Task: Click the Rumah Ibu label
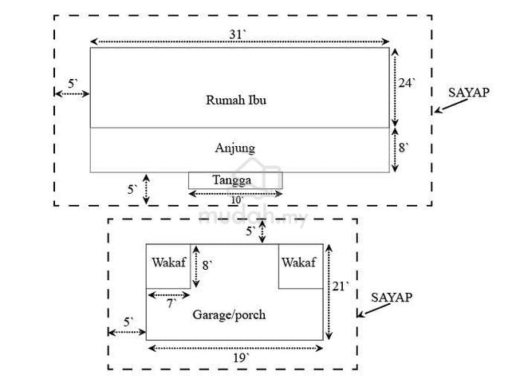click(x=236, y=100)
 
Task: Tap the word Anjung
click(x=235, y=148)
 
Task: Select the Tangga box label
click(x=231, y=180)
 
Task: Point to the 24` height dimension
click(x=407, y=83)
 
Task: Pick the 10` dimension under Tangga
click(x=237, y=200)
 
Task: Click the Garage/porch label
click(x=229, y=314)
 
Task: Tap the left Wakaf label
click(x=168, y=263)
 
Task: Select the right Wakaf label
click(x=298, y=263)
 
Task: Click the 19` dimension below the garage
click(x=242, y=358)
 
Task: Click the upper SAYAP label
click(x=469, y=93)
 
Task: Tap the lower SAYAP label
click(x=392, y=298)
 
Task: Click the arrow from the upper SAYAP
click(x=451, y=106)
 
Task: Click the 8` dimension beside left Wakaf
click(x=207, y=266)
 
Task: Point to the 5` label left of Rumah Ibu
click(x=73, y=84)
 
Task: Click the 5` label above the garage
click(x=250, y=231)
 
